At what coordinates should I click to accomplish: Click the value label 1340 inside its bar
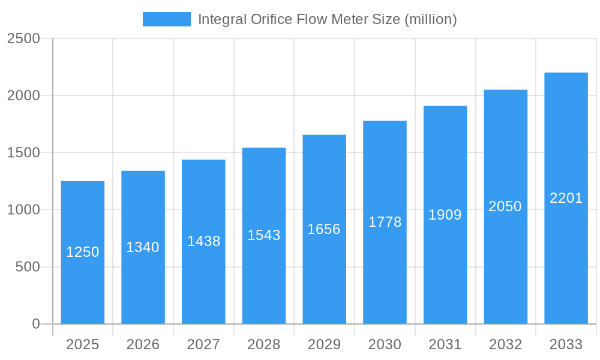click(x=143, y=247)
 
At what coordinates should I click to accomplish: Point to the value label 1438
click(x=204, y=241)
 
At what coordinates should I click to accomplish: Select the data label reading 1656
click(x=324, y=229)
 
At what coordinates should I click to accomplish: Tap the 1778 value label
click(x=385, y=222)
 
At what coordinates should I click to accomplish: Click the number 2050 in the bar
click(x=505, y=206)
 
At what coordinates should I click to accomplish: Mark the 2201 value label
click(x=566, y=198)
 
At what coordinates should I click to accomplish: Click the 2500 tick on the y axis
click(x=23, y=39)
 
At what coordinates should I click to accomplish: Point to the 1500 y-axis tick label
click(x=23, y=153)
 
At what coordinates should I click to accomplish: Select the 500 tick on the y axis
click(x=28, y=267)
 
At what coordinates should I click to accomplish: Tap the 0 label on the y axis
click(x=35, y=324)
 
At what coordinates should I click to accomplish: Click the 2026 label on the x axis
click(x=143, y=344)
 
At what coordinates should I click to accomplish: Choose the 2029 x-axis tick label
click(x=324, y=344)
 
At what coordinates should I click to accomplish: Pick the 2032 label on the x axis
click(x=505, y=344)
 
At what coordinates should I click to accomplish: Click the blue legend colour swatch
click(x=166, y=19)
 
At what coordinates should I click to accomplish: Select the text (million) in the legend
click(x=431, y=19)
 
